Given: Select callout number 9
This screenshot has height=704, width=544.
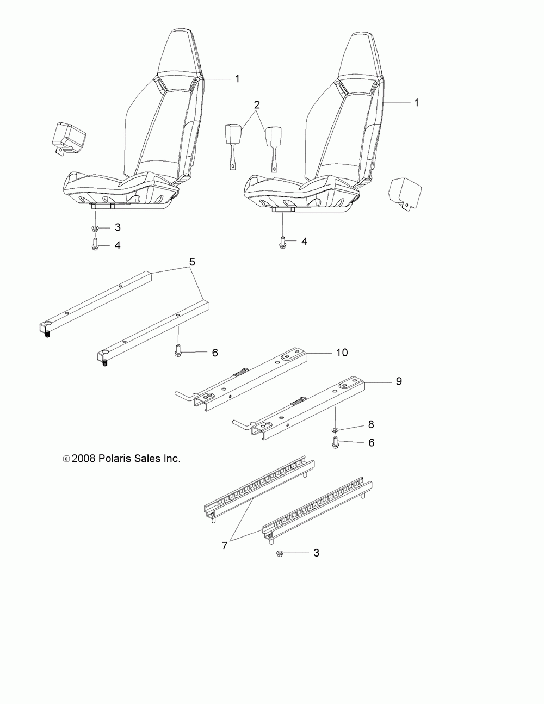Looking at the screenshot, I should [399, 382].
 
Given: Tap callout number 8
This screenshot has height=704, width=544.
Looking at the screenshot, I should [371, 424].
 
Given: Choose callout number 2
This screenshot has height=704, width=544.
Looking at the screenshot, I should [257, 104].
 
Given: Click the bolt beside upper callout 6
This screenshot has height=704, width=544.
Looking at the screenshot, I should [178, 351].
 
